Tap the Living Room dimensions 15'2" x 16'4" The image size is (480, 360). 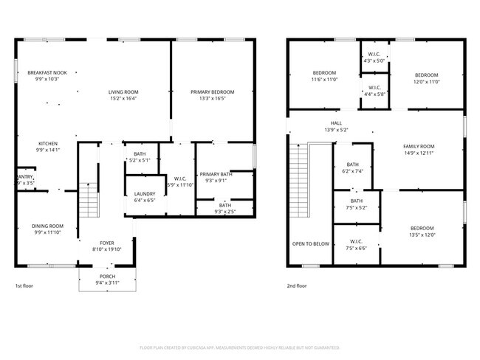pos(123,97)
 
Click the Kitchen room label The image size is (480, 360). pos(48,144)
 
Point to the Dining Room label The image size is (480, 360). pos(48,226)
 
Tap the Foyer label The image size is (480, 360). pos(107,243)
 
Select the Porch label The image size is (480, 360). pos(107,277)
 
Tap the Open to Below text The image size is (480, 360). pos(311,243)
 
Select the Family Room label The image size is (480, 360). pos(418,146)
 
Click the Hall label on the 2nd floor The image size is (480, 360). pos(336,123)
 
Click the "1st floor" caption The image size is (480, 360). pos(24,285)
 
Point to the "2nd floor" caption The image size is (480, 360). pos(296,285)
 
